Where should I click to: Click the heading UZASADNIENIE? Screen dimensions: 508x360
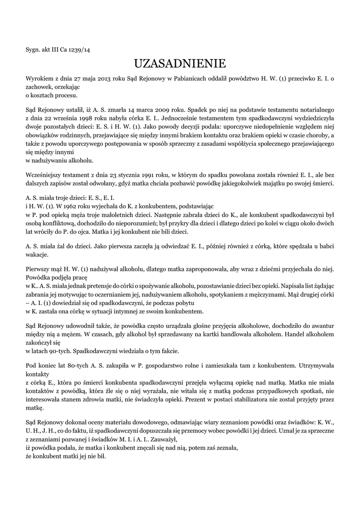pyautogui.click(x=180, y=63)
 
